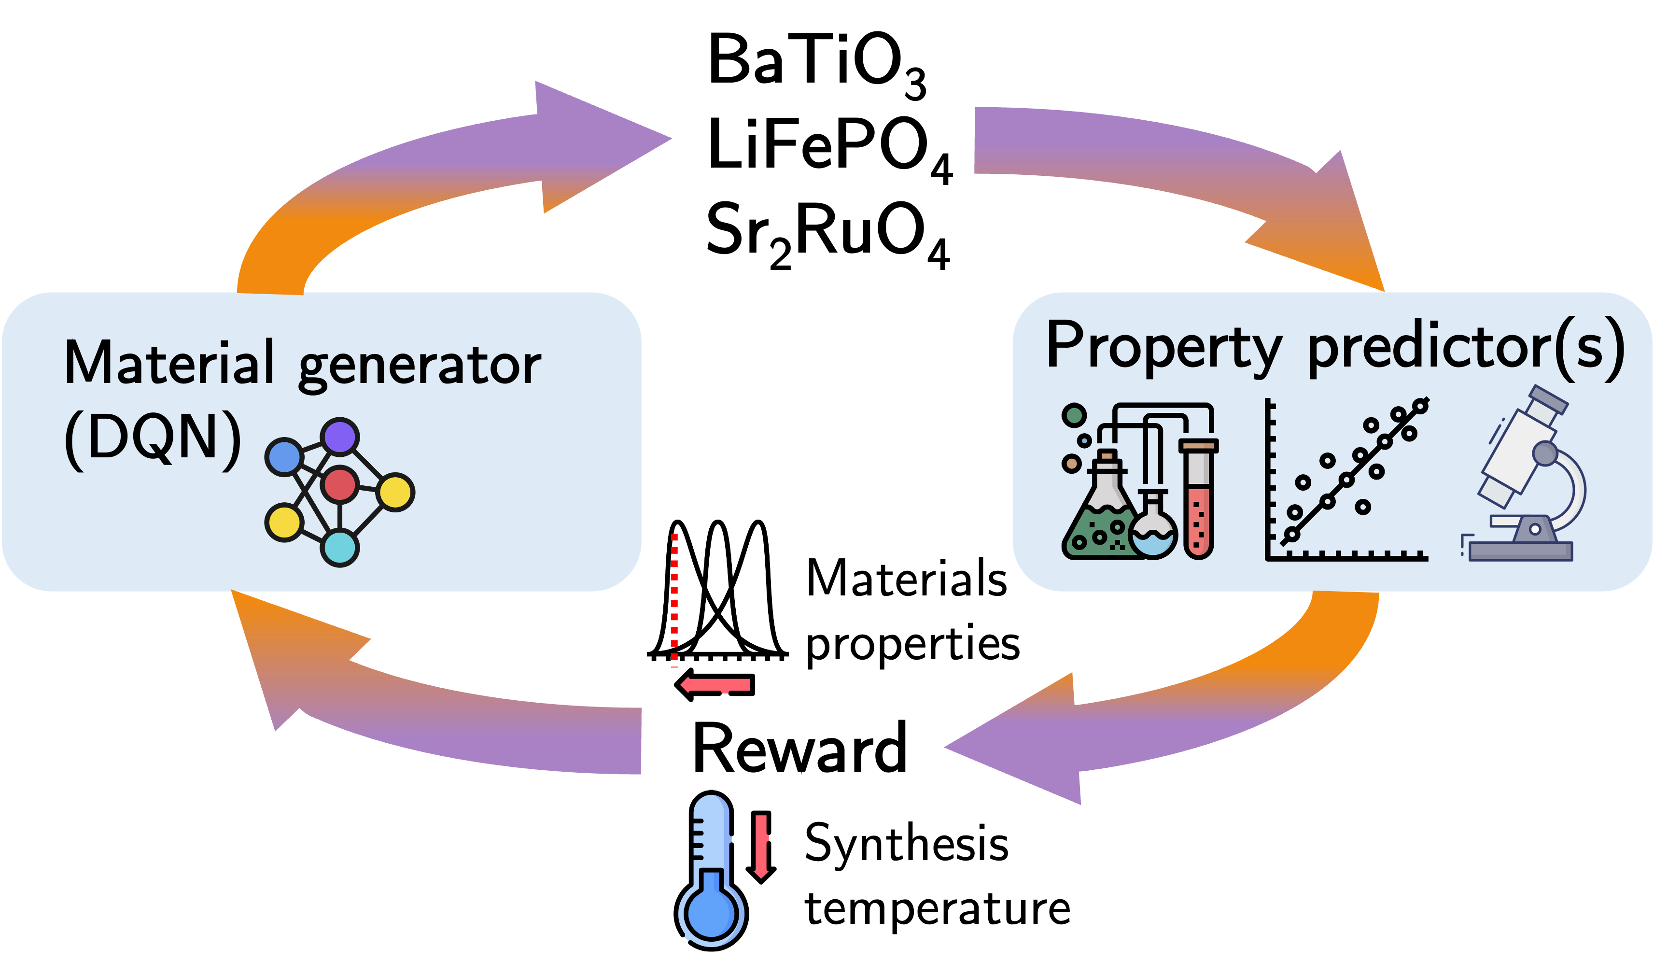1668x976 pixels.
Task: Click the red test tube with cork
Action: [1198, 500]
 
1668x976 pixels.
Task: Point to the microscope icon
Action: [1529, 477]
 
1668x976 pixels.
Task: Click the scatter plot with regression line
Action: [1347, 480]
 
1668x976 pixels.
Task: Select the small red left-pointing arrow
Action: [715, 685]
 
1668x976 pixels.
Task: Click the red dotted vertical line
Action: [674, 599]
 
